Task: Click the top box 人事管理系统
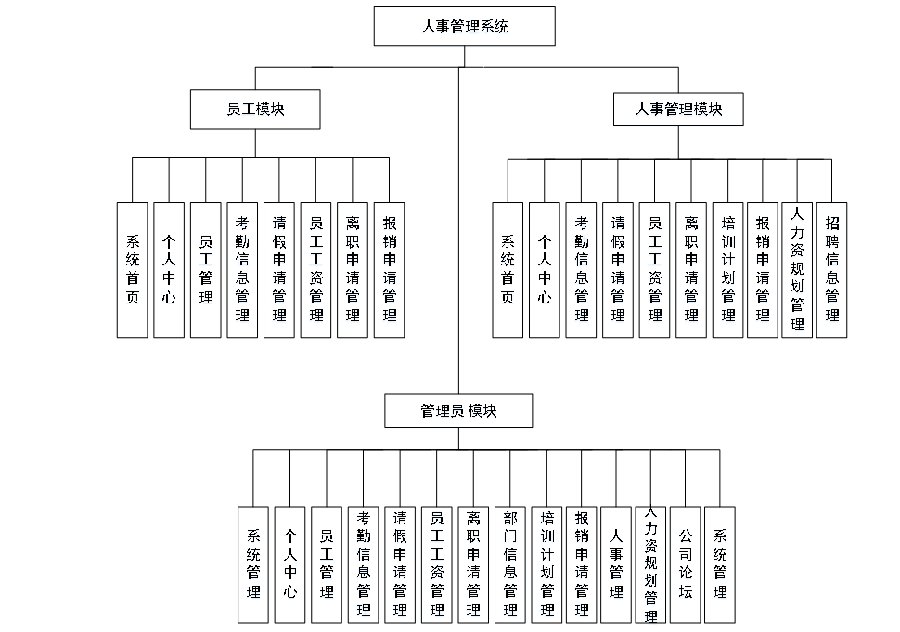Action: pos(464,27)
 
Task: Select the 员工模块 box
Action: pos(255,110)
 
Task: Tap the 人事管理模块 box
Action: pos(677,110)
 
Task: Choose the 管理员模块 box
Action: pos(458,410)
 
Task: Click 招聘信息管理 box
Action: pos(832,269)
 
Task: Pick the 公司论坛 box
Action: pos(685,563)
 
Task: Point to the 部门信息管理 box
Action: pos(509,563)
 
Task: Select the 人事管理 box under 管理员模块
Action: pos(616,563)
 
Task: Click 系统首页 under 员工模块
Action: pos(133,269)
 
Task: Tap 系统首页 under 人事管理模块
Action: pos(508,269)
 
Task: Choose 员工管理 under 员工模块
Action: pos(206,269)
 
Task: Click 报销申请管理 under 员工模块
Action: pos(390,269)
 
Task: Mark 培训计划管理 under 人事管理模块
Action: pos(727,269)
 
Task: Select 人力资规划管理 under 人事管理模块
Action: pos(797,269)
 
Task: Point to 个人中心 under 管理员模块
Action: pos(290,563)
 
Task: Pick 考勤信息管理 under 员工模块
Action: pos(242,269)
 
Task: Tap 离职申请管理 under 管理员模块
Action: pos(473,563)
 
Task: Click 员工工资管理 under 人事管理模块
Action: pos(655,269)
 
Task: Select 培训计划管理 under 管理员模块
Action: pos(546,563)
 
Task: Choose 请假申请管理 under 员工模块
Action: pos(279,269)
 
